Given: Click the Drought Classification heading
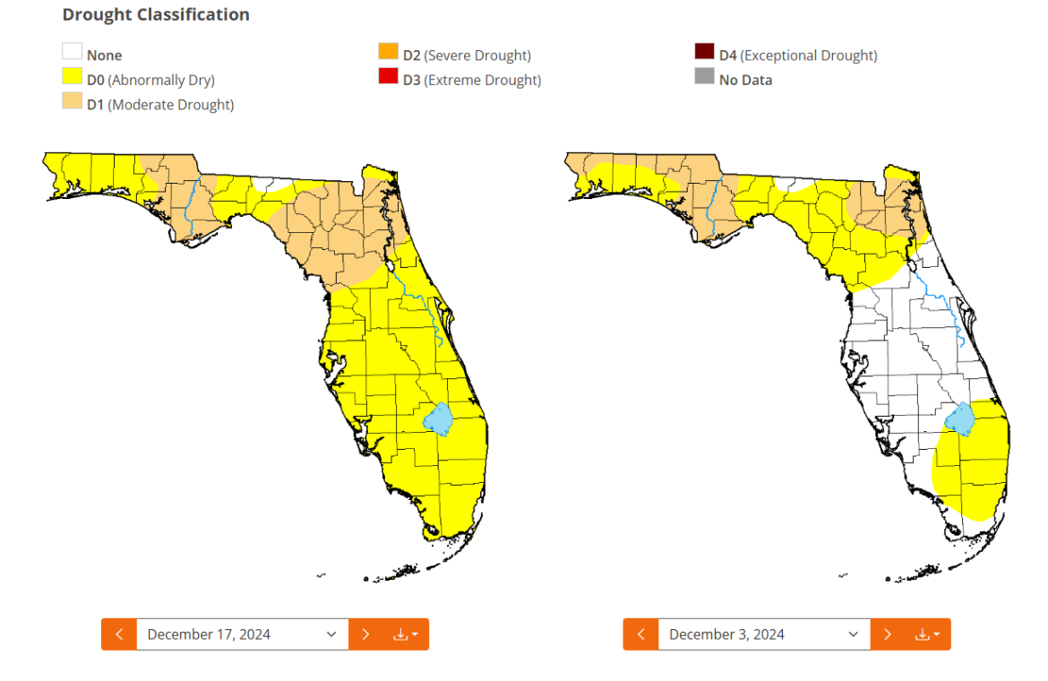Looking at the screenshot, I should pyautogui.click(x=156, y=15).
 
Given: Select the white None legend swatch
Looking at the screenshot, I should pyautogui.click(x=72, y=53).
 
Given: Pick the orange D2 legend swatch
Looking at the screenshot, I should pyautogui.click(x=388, y=53).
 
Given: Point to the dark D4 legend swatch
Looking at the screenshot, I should pyautogui.click(x=704, y=53).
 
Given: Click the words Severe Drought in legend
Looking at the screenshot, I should pyautogui.click(x=477, y=56).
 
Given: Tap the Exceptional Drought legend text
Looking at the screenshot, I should pyautogui.click(x=810, y=56).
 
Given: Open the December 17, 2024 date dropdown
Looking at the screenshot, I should pyautogui.click(x=242, y=634).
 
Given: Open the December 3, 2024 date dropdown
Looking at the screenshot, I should pyautogui.click(x=763, y=634).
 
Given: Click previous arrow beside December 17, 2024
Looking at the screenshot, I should pyautogui.click(x=119, y=634).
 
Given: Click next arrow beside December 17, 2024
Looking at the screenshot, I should pyautogui.click(x=365, y=634).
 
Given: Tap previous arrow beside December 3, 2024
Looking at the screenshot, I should pyautogui.click(x=641, y=634).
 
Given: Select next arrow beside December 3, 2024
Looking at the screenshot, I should pyautogui.click(x=888, y=634).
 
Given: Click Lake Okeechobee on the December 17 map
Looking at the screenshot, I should pyautogui.click(x=438, y=418).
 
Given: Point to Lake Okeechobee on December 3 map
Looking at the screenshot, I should pyautogui.click(x=959, y=418).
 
